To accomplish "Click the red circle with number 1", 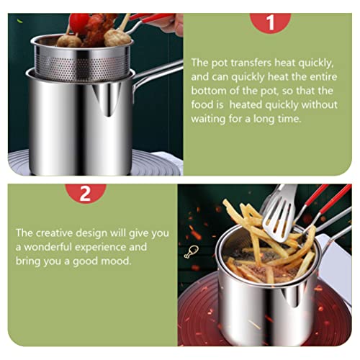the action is (271, 22).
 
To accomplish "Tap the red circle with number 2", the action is (85, 193).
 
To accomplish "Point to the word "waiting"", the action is (208, 119).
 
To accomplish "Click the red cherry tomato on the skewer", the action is (78, 22).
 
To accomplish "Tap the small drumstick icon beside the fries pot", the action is (191, 252).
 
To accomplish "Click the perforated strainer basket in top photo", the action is (83, 60).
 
